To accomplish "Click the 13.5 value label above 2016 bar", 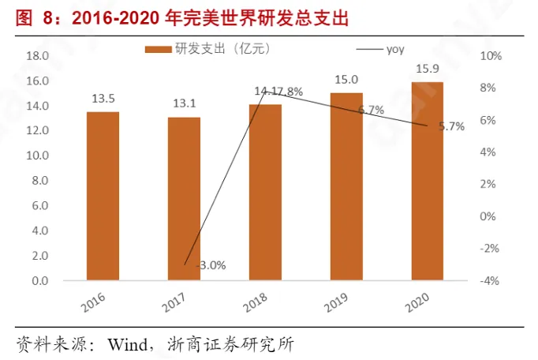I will click(103, 99).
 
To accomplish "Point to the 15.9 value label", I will click(427, 69).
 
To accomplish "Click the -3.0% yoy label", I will click(209, 265).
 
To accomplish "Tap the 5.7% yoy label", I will click(451, 126).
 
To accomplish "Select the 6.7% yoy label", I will click(370, 110).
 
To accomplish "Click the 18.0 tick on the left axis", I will click(38, 56).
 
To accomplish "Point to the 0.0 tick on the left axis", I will click(40, 281).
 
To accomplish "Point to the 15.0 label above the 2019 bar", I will click(346, 80).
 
